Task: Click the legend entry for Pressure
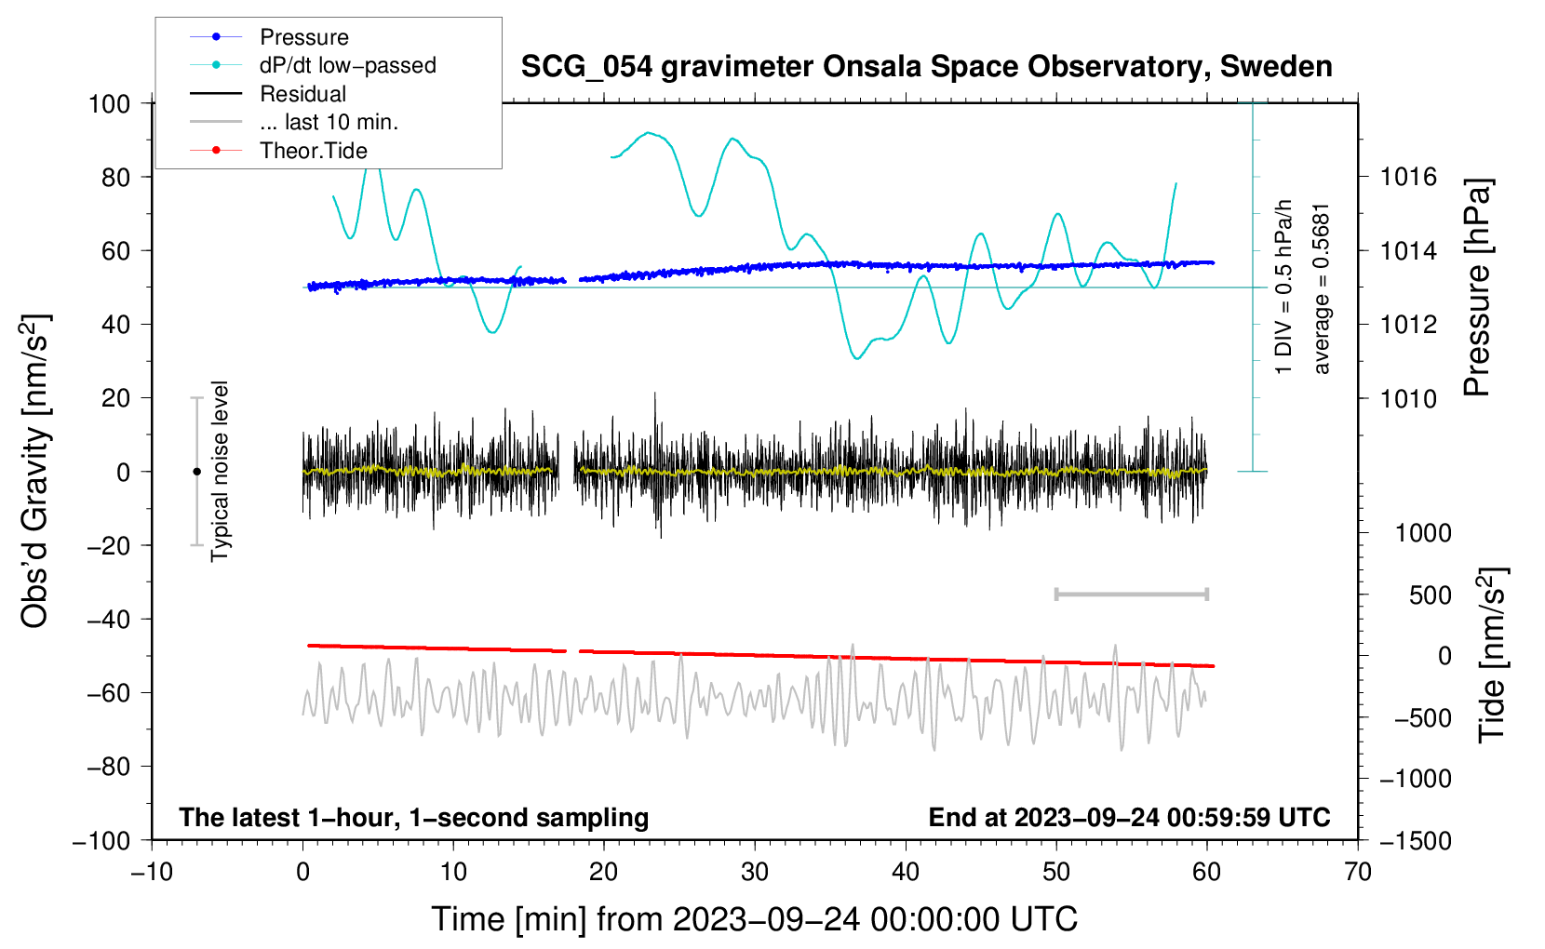270,37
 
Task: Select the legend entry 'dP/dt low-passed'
313,65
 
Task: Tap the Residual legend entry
268,94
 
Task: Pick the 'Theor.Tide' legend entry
278,151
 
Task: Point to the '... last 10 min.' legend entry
294,122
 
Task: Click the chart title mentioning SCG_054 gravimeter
926,67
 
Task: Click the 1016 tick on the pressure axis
1408,178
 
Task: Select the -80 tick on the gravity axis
108,767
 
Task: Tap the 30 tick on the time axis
755,873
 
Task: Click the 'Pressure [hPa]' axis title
1477,287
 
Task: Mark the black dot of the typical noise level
196,472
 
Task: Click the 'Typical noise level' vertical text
220,472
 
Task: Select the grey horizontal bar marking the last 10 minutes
1132,594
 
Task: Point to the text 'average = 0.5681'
1320,289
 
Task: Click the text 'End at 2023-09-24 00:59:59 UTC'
1129,817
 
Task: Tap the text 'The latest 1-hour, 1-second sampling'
414,818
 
